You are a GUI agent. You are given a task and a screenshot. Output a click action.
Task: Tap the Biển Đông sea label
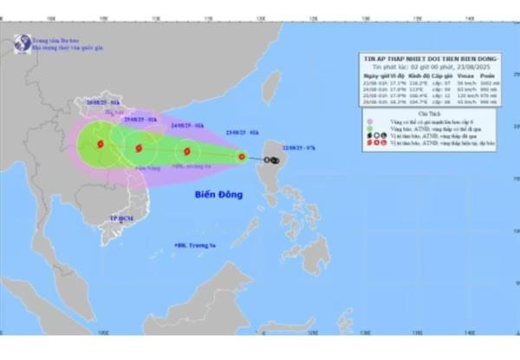217,197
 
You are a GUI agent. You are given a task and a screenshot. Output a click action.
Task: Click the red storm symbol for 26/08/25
100,144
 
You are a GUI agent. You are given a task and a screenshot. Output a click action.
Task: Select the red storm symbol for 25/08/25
137,148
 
